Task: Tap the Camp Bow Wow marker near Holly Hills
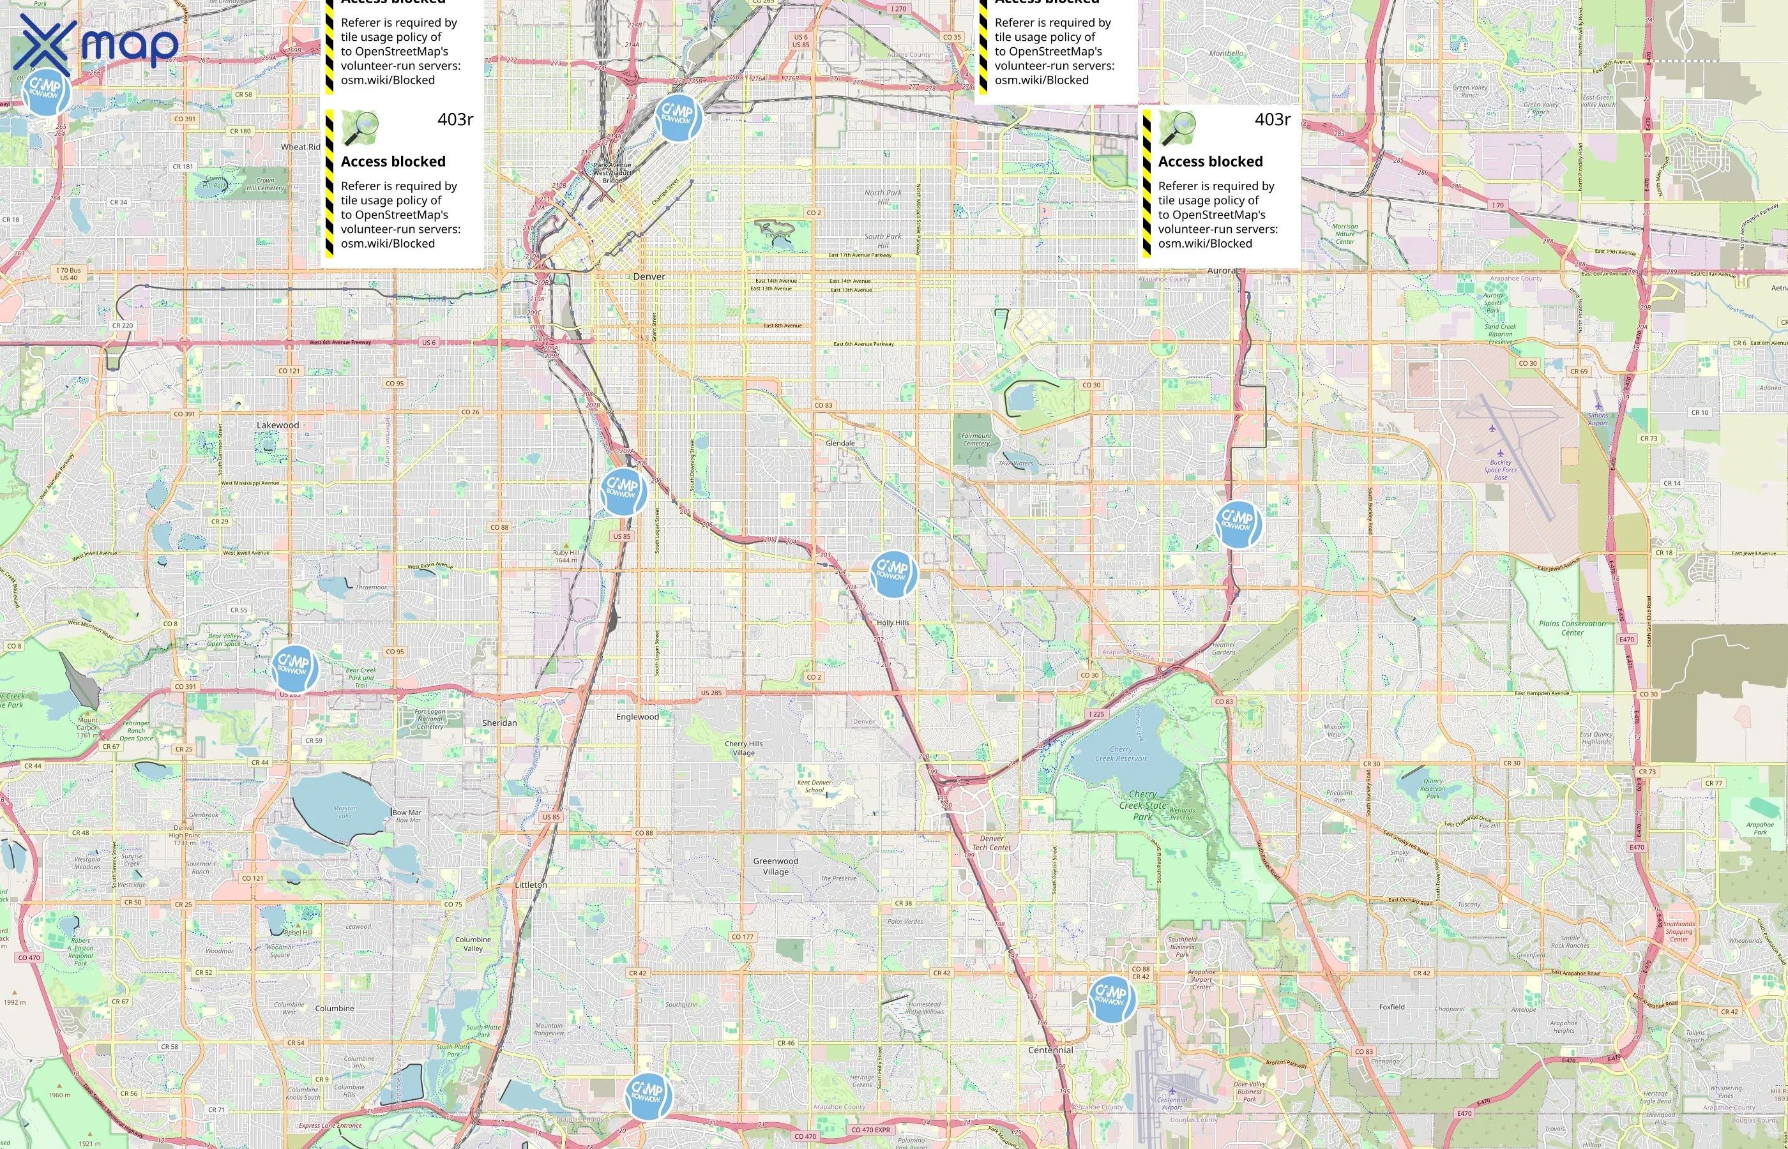[x=893, y=573]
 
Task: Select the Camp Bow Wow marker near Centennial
[x=1111, y=998]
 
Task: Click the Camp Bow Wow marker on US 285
[x=294, y=667]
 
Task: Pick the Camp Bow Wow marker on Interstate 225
[x=1238, y=523]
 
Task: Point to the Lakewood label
[x=278, y=425]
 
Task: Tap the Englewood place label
[x=637, y=717]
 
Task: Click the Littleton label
[x=531, y=885]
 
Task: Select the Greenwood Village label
[x=775, y=866]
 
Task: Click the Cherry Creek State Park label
[x=1142, y=805]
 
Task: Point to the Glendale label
[x=840, y=443]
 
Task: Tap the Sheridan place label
[x=499, y=723]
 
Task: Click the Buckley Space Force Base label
[x=1500, y=469]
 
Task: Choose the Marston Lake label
[x=345, y=812]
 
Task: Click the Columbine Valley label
[x=473, y=944]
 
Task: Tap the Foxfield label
[x=1391, y=1007]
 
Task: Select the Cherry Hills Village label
[x=743, y=748]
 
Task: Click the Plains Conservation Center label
[x=1572, y=628]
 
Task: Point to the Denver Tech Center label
[x=992, y=843]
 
